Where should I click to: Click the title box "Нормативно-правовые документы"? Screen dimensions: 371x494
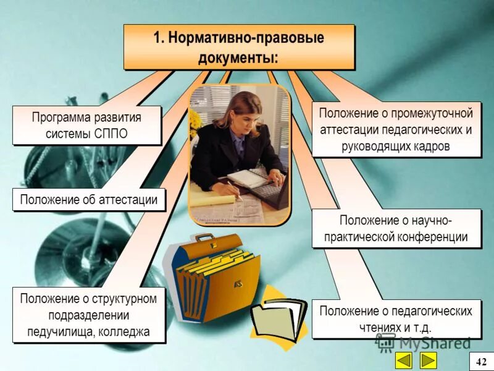[x=238, y=47]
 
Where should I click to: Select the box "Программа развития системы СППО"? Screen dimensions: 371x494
[x=86, y=126]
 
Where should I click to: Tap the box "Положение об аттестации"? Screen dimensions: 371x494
[x=89, y=200]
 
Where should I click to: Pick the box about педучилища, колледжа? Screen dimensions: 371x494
[x=89, y=315]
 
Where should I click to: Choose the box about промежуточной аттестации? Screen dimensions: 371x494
[x=396, y=130]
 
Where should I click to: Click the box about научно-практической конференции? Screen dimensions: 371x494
[x=396, y=229]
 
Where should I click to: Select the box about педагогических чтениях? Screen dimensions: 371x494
[x=396, y=319]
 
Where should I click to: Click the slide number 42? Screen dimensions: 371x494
[x=481, y=361]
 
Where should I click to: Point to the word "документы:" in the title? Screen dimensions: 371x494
[x=238, y=58]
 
